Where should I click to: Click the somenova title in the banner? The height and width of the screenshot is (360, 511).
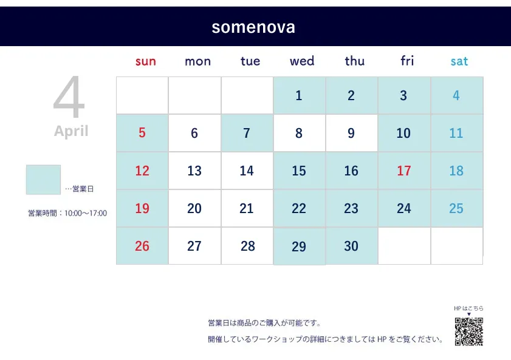(253, 27)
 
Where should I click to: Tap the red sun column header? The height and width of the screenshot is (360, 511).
(146, 61)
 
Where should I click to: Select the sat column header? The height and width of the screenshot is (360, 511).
(459, 61)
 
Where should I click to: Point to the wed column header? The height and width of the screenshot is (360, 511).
(302, 61)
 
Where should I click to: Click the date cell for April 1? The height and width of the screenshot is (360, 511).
(299, 96)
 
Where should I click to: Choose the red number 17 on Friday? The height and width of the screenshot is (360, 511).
(404, 171)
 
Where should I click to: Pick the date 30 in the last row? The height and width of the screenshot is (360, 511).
(351, 246)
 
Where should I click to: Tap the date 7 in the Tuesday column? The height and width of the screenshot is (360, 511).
(247, 133)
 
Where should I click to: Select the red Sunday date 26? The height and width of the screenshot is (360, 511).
(142, 246)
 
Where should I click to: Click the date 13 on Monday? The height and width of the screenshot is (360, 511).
(194, 171)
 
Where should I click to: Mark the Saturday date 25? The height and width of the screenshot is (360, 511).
(456, 208)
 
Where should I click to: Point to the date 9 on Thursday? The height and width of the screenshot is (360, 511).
(351, 133)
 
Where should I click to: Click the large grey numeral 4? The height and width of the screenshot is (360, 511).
(69, 97)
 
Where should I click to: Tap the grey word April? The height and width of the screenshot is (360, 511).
(71, 131)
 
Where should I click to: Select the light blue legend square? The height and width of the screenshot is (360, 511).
(43, 180)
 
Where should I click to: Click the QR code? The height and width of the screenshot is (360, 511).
(469, 331)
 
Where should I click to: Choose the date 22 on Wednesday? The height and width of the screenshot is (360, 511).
(299, 208)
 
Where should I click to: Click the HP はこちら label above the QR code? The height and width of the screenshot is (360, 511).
(468, 308)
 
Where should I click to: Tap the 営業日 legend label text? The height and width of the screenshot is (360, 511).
(83, 189)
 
